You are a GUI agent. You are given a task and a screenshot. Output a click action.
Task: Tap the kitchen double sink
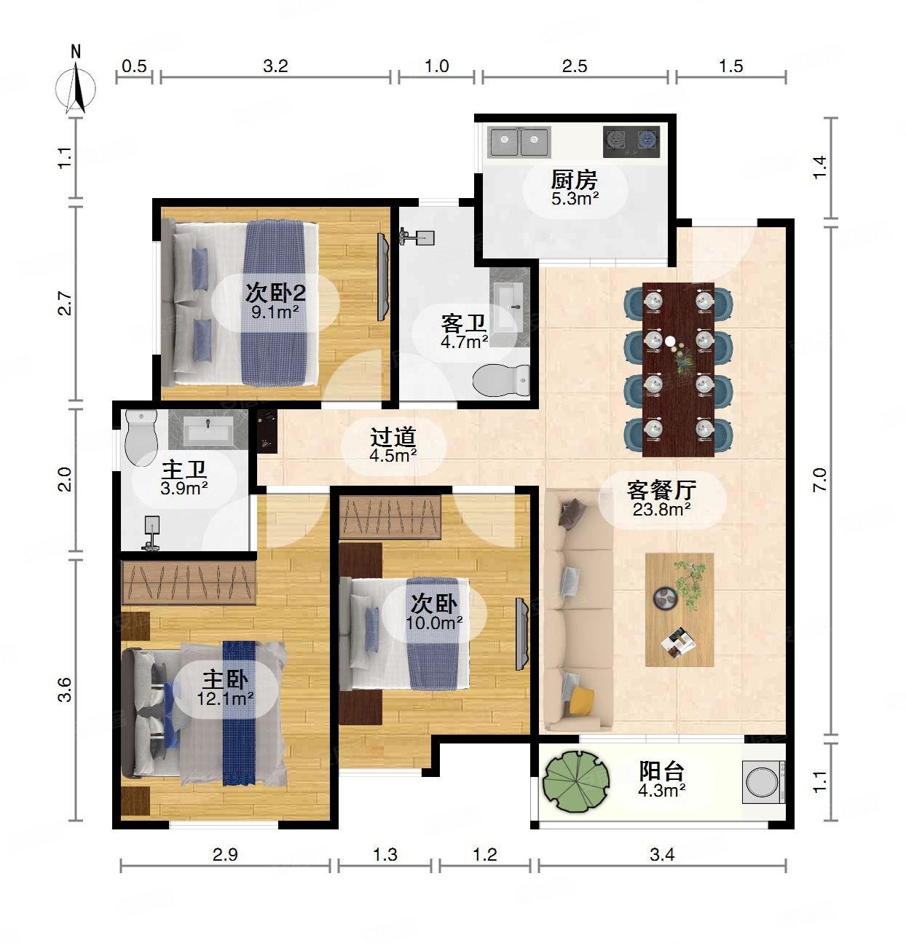[x=519, y=141]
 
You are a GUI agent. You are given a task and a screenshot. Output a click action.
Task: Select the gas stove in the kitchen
[x=631, y=141]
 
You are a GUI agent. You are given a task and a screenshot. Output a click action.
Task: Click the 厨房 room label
[x=575, y=181]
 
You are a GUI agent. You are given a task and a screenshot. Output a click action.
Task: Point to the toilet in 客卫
[x=501, y=380]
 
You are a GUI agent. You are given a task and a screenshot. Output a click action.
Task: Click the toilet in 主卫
[x=141, y=438]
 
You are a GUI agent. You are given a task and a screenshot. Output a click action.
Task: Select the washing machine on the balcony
[x=763, y=782]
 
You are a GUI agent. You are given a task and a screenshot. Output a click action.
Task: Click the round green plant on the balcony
[x=575, y=781]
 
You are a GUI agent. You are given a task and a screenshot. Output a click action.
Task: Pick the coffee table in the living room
[x=679, y=609]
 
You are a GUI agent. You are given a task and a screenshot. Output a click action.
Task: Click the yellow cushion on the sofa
[x=581, y=701]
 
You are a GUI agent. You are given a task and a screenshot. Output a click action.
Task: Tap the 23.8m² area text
[x=662, y=509]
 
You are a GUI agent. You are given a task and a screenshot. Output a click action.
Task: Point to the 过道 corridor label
[x=393, y=438]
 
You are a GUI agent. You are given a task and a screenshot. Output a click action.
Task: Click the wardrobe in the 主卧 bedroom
[x=189, y=583]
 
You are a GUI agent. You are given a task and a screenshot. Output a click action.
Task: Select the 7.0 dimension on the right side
[x=819, y=480]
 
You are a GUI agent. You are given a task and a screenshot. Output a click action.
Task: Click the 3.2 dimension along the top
[x=275, y=66]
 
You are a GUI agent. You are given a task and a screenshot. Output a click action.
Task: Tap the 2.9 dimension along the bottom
[x=225, y=854]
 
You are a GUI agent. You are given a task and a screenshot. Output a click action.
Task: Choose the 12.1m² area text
[x=225, y=698]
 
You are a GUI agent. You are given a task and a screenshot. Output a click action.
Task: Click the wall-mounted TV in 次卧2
[x=383, y=277]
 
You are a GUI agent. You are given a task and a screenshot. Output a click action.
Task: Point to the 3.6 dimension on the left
[x=65, y=690]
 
